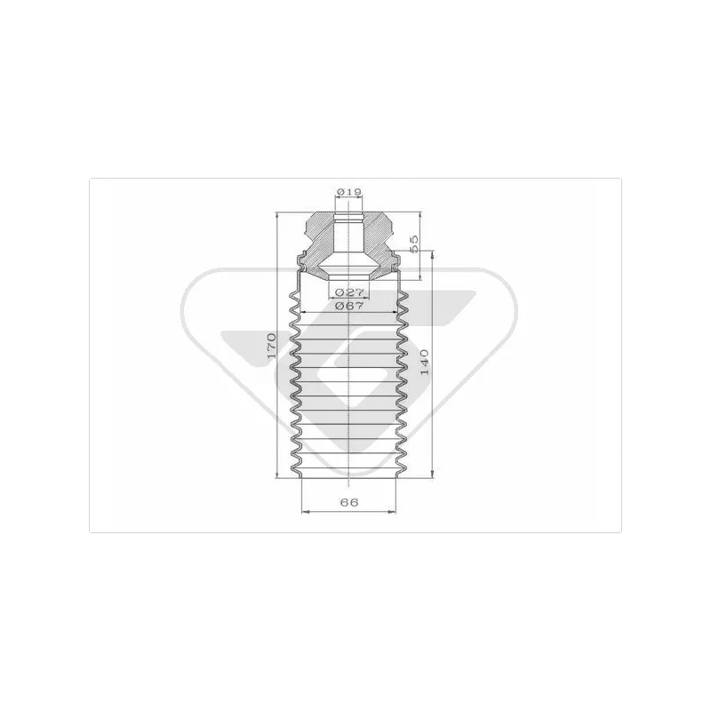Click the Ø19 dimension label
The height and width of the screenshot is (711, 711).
pos(349,192)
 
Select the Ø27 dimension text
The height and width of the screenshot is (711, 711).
pos(349,292)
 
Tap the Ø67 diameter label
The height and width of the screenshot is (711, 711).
pos(349,306)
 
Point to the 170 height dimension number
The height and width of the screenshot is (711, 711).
pos(271,346)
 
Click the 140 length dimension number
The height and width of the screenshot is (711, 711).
pos(425,362)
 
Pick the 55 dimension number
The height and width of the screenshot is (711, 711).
pos(413,244)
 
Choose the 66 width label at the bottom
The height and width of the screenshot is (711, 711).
pos(348,502)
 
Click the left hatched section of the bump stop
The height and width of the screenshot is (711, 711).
pos(321,245)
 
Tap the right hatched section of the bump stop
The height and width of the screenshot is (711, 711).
pos(377,245)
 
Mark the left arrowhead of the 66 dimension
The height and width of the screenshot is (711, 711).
pos(305,512)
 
